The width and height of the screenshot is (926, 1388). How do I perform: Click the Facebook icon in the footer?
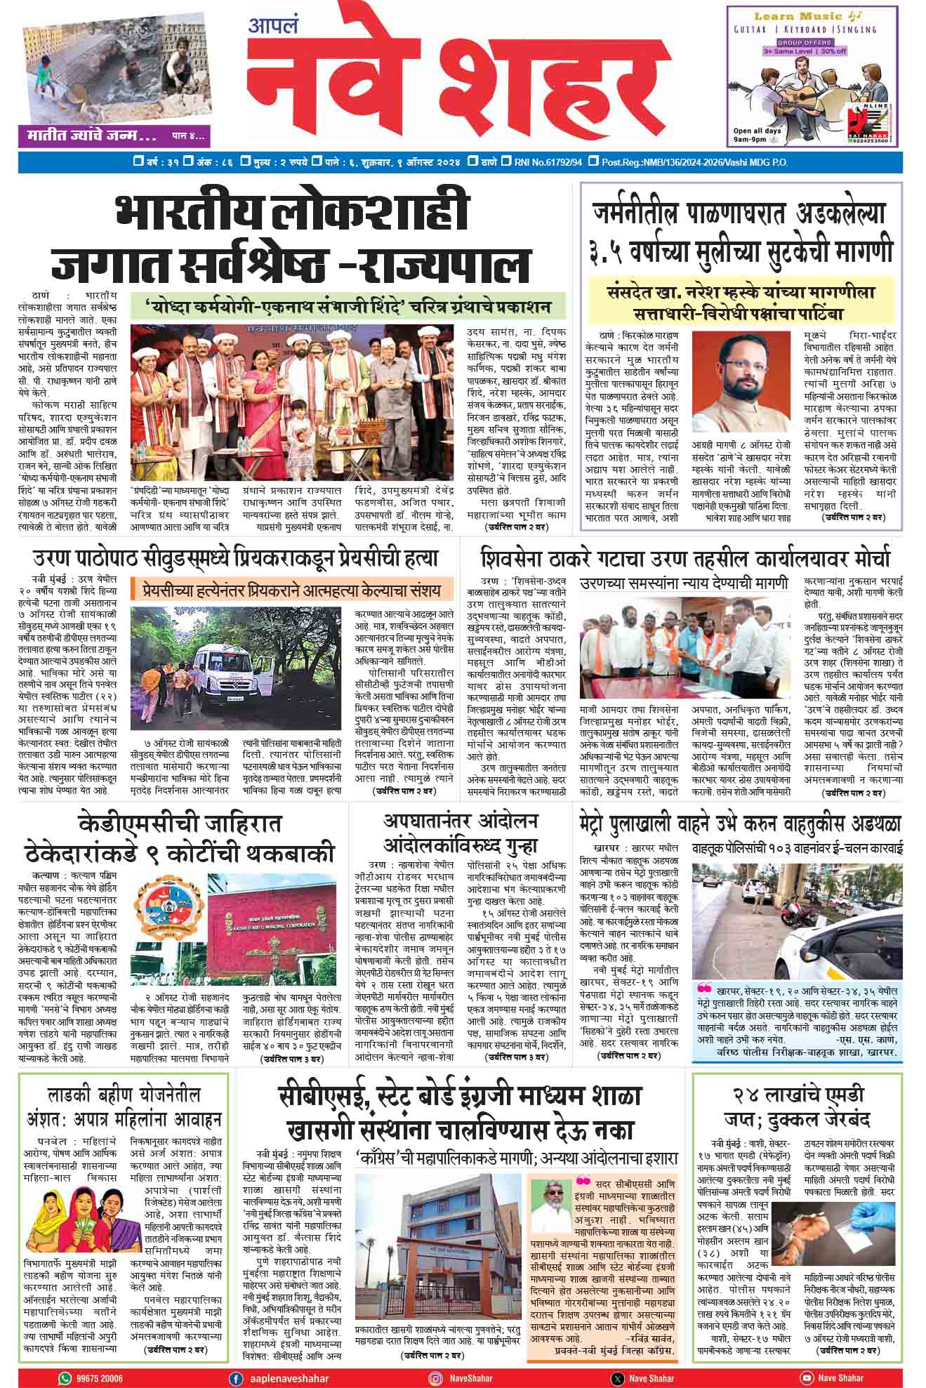click(x=237, y=1378)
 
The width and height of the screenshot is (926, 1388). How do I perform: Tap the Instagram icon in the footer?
click(x=435, y=1378)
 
